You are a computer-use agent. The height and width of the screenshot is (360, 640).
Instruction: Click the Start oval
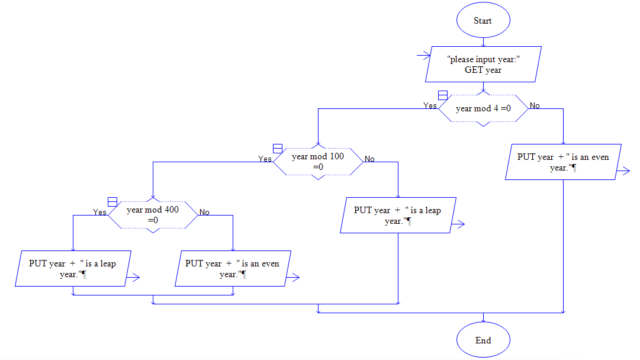483,21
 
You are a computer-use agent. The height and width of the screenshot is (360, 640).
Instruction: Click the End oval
483,340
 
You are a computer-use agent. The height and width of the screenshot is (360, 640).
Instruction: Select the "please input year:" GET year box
483,64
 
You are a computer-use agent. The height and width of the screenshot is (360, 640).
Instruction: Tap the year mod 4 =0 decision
483,108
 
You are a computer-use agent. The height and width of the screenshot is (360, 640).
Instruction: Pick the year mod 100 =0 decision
318,162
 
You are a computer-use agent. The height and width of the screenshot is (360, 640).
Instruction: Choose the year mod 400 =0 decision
153,214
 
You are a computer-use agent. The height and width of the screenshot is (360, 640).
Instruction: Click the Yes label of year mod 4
430,106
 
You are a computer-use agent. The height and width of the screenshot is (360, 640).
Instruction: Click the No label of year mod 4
535,106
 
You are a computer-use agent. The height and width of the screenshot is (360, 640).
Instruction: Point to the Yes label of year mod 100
265,159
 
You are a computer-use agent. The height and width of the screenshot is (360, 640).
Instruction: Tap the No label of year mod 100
369,159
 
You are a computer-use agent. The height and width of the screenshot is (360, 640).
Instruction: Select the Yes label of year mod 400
100,212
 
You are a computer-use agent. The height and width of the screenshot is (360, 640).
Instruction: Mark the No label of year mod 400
204,212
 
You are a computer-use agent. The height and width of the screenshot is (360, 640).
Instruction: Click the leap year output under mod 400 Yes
73,269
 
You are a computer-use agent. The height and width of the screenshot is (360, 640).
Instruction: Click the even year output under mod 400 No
232,269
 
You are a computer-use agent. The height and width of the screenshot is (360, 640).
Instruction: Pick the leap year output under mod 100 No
398,216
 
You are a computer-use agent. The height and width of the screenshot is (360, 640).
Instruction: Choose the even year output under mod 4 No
563,162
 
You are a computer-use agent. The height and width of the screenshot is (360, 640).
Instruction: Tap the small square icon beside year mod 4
442,95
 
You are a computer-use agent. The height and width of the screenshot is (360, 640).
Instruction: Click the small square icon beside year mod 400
112,201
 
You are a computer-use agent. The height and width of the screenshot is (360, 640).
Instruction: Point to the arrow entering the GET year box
423,56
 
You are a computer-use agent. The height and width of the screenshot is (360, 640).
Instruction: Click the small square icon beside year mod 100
277,149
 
